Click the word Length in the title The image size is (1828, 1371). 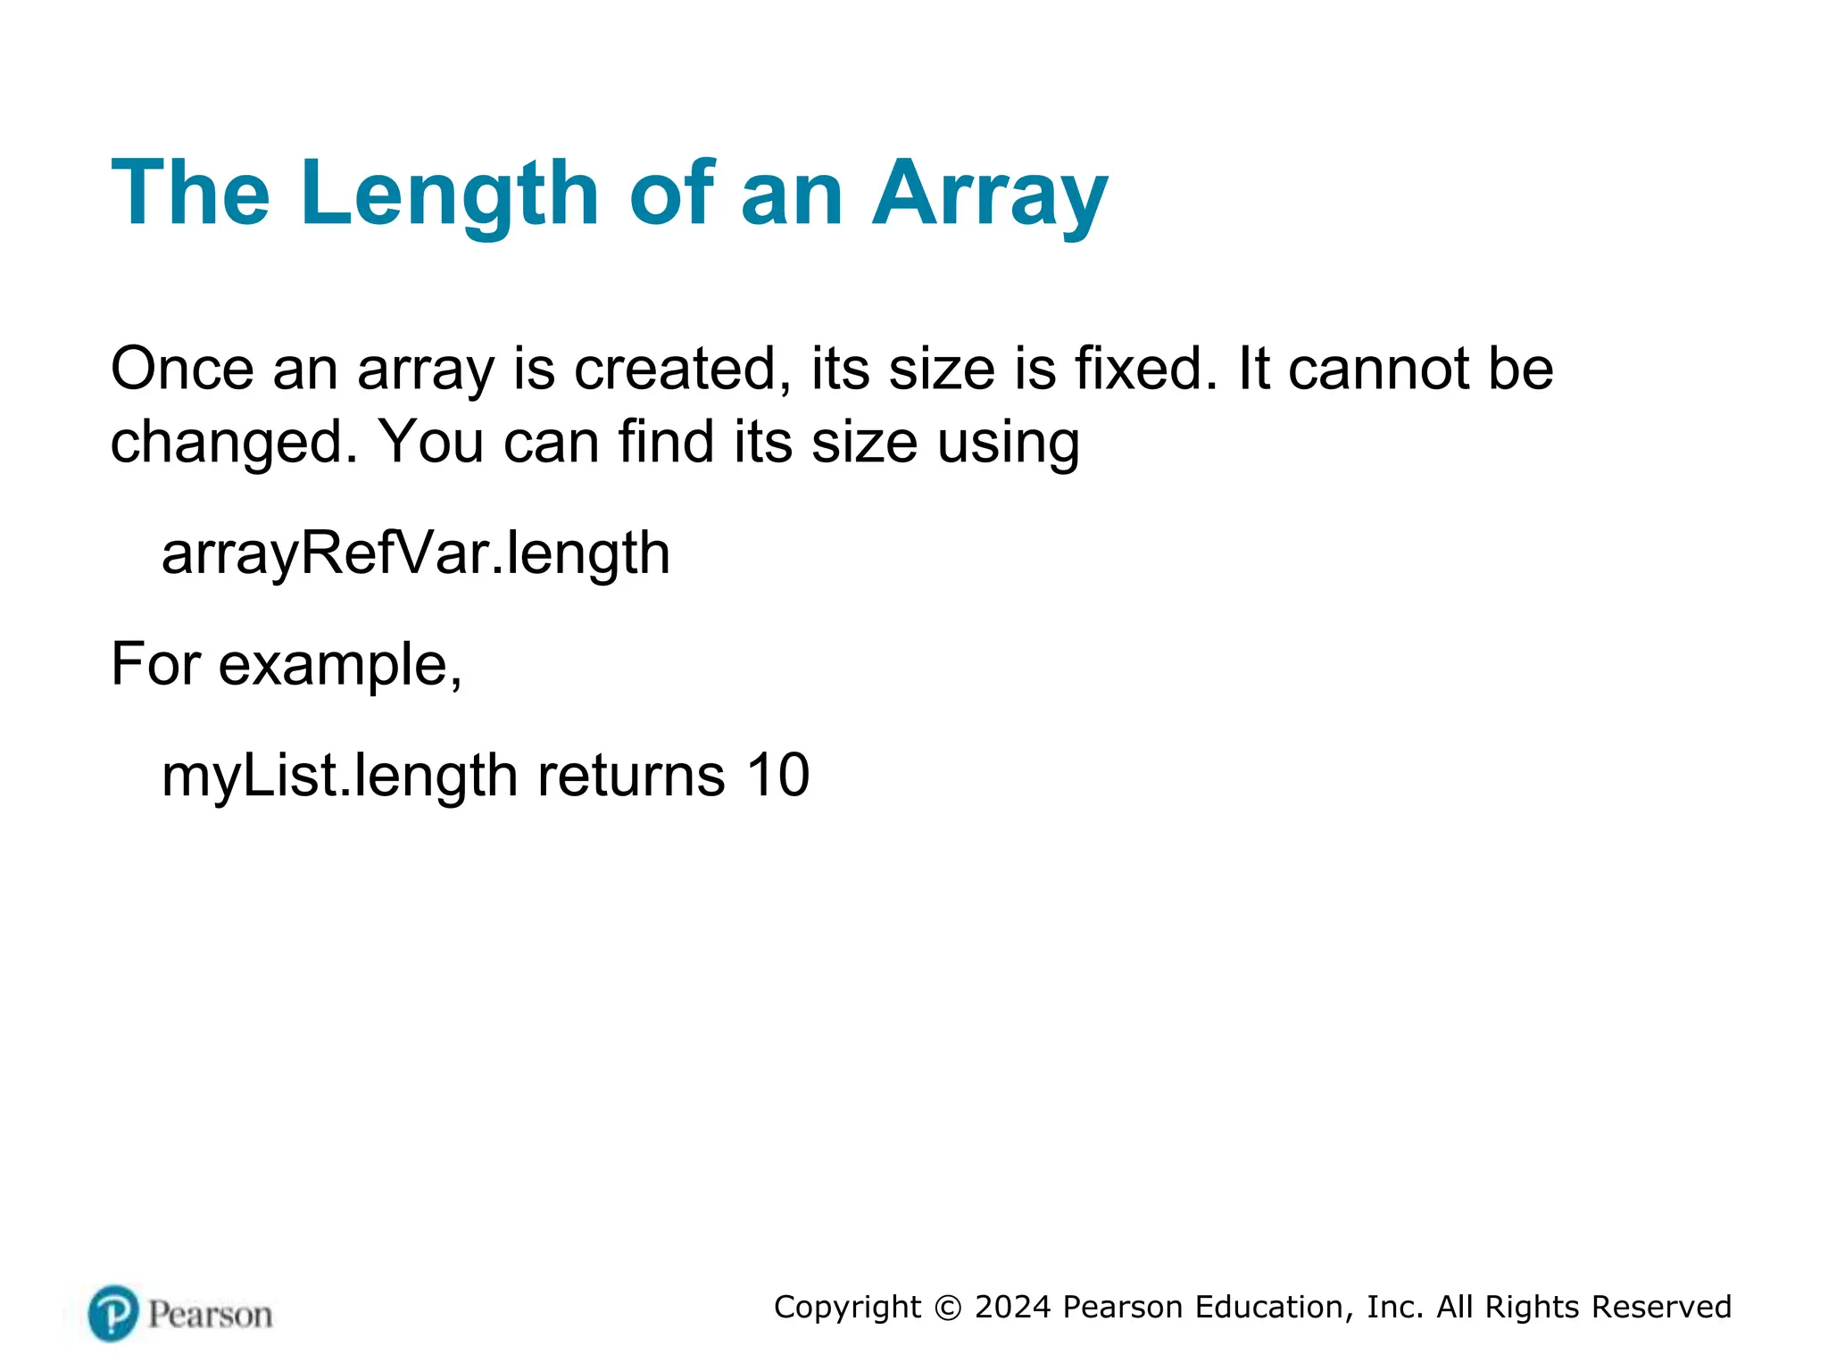[x=449, y=194]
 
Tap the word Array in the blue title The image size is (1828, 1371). [x=990, y=194]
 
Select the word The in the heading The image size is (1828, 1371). [x=190, y=194]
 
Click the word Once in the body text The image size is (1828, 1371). [x=182, y=369]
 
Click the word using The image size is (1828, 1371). [x=1008, y=443]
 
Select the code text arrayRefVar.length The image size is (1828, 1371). [x=415, y=553]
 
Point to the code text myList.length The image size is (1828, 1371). [x=339, y=776]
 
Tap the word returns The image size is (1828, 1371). [x=631, y=776]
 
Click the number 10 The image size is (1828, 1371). [x=778, y=776]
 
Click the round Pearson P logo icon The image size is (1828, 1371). [x=113, y=1313]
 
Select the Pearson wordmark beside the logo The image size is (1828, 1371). [x=210, y=1315]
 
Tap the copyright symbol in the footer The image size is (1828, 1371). [x=948, y=1308]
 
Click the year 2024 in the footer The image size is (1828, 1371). [x=1013, y=1308]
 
